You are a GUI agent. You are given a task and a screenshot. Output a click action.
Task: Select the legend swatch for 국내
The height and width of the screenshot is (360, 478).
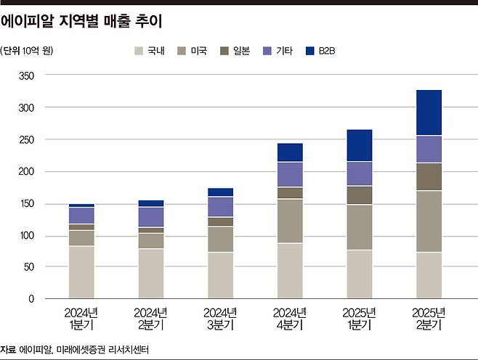point(139,51)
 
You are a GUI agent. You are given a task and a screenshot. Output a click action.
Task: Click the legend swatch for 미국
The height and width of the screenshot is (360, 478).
point(182,51)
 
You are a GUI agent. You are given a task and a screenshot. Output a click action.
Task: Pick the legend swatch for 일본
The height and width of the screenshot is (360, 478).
point(225,51)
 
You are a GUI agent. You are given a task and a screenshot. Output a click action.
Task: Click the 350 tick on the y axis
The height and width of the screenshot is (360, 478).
point(27,76)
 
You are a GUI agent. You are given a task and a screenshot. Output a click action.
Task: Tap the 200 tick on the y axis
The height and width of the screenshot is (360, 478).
point(27,171)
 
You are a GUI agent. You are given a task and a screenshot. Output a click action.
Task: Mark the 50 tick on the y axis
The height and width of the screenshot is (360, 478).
point(29,267)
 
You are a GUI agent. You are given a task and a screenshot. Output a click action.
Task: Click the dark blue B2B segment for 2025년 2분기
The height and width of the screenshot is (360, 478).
point(428,112)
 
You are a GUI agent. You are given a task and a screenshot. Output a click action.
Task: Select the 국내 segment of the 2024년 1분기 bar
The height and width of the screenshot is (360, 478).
point(81,272)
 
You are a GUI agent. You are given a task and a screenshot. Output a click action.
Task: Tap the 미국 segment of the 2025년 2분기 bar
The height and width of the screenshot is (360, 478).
point(428,221)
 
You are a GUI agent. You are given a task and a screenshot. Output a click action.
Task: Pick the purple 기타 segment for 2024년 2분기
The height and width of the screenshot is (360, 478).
point(151,217)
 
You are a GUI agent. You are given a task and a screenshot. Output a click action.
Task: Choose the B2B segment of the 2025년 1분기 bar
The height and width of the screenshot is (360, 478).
point(359,145)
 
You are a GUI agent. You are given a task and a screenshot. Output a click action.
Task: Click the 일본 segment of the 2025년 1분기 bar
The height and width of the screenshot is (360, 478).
point(359,195)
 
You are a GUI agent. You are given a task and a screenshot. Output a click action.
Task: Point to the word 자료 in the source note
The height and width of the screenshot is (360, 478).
point(9,349)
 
